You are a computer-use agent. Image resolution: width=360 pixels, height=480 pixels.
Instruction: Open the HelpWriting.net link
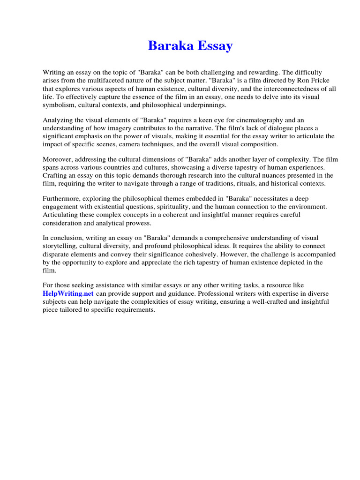tap(68, 293)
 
